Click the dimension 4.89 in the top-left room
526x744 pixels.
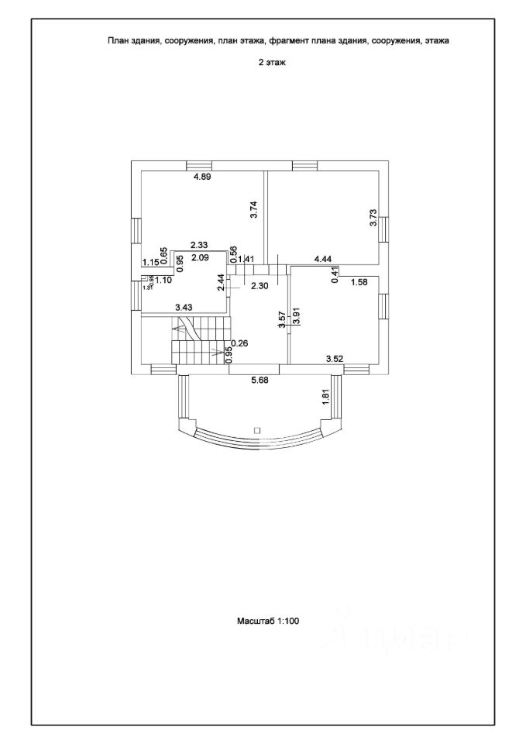202,177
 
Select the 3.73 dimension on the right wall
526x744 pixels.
374,217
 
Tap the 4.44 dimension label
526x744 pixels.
323,259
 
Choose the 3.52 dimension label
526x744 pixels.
335,359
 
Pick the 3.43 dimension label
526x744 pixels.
184,308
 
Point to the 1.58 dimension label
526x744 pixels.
359,282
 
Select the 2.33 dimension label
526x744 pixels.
199,245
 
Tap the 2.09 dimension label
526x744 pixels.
201,257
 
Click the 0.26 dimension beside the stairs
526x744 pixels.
239,343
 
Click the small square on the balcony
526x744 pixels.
257,429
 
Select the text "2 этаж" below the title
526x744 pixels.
272,64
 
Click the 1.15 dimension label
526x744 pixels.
150,263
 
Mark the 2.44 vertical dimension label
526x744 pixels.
222,284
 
